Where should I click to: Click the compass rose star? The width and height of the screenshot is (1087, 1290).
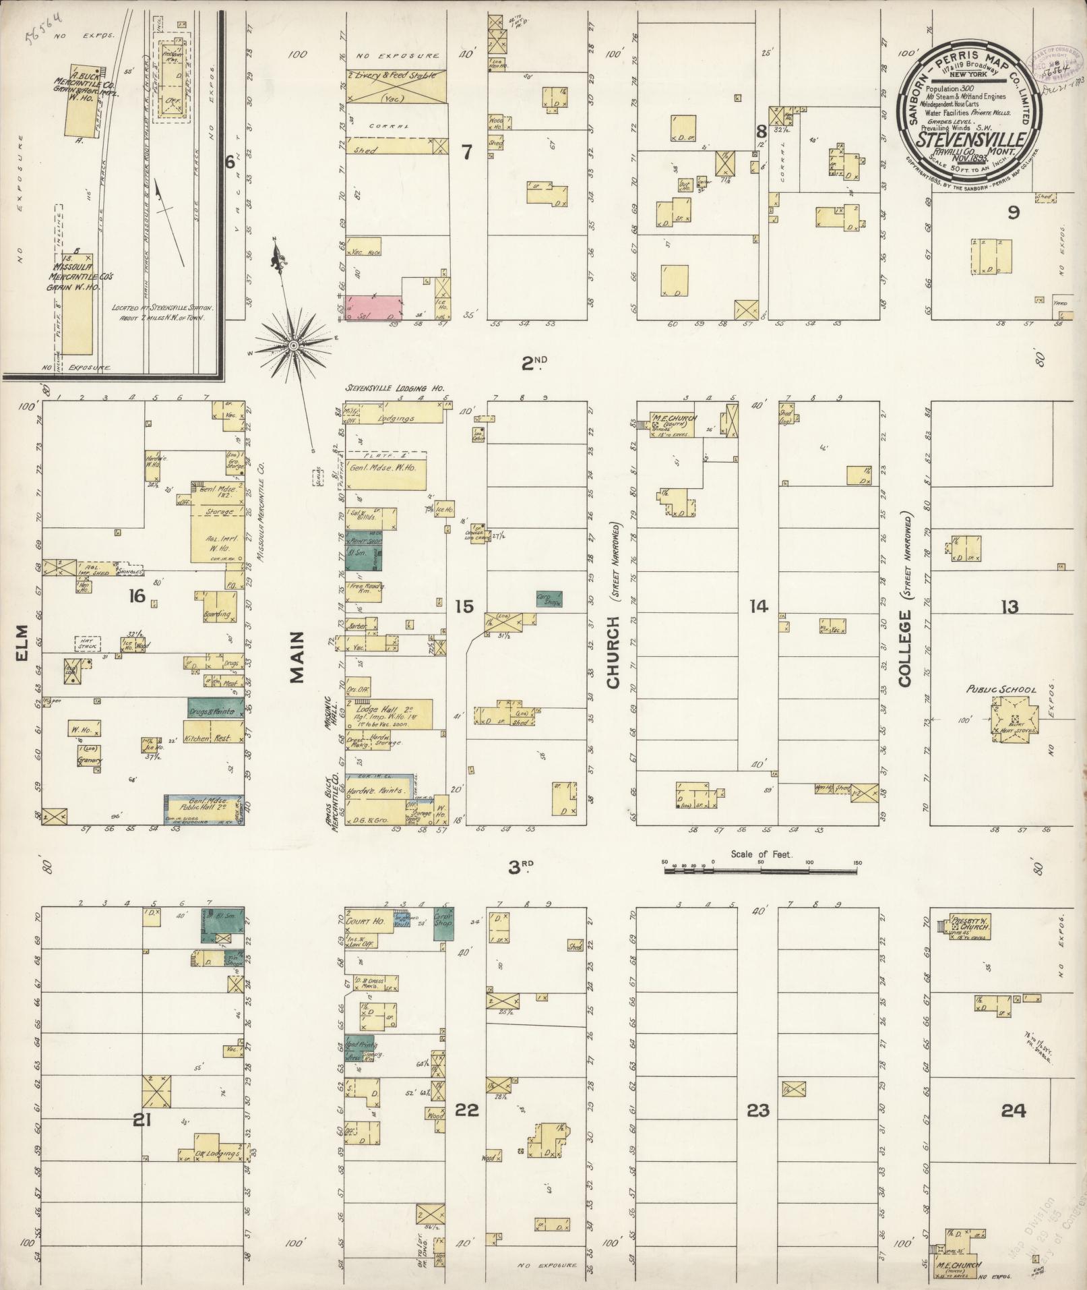294,345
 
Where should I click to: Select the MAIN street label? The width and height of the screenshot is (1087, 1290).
297,657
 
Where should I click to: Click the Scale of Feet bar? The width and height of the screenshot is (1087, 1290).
762,870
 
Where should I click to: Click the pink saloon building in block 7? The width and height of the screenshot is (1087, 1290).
371,307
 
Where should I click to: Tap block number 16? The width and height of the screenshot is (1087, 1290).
138,595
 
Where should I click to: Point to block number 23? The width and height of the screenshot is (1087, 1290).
758,1109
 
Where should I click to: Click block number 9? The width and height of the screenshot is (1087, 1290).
1013,212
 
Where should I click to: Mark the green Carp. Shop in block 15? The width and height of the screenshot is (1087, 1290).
549,598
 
